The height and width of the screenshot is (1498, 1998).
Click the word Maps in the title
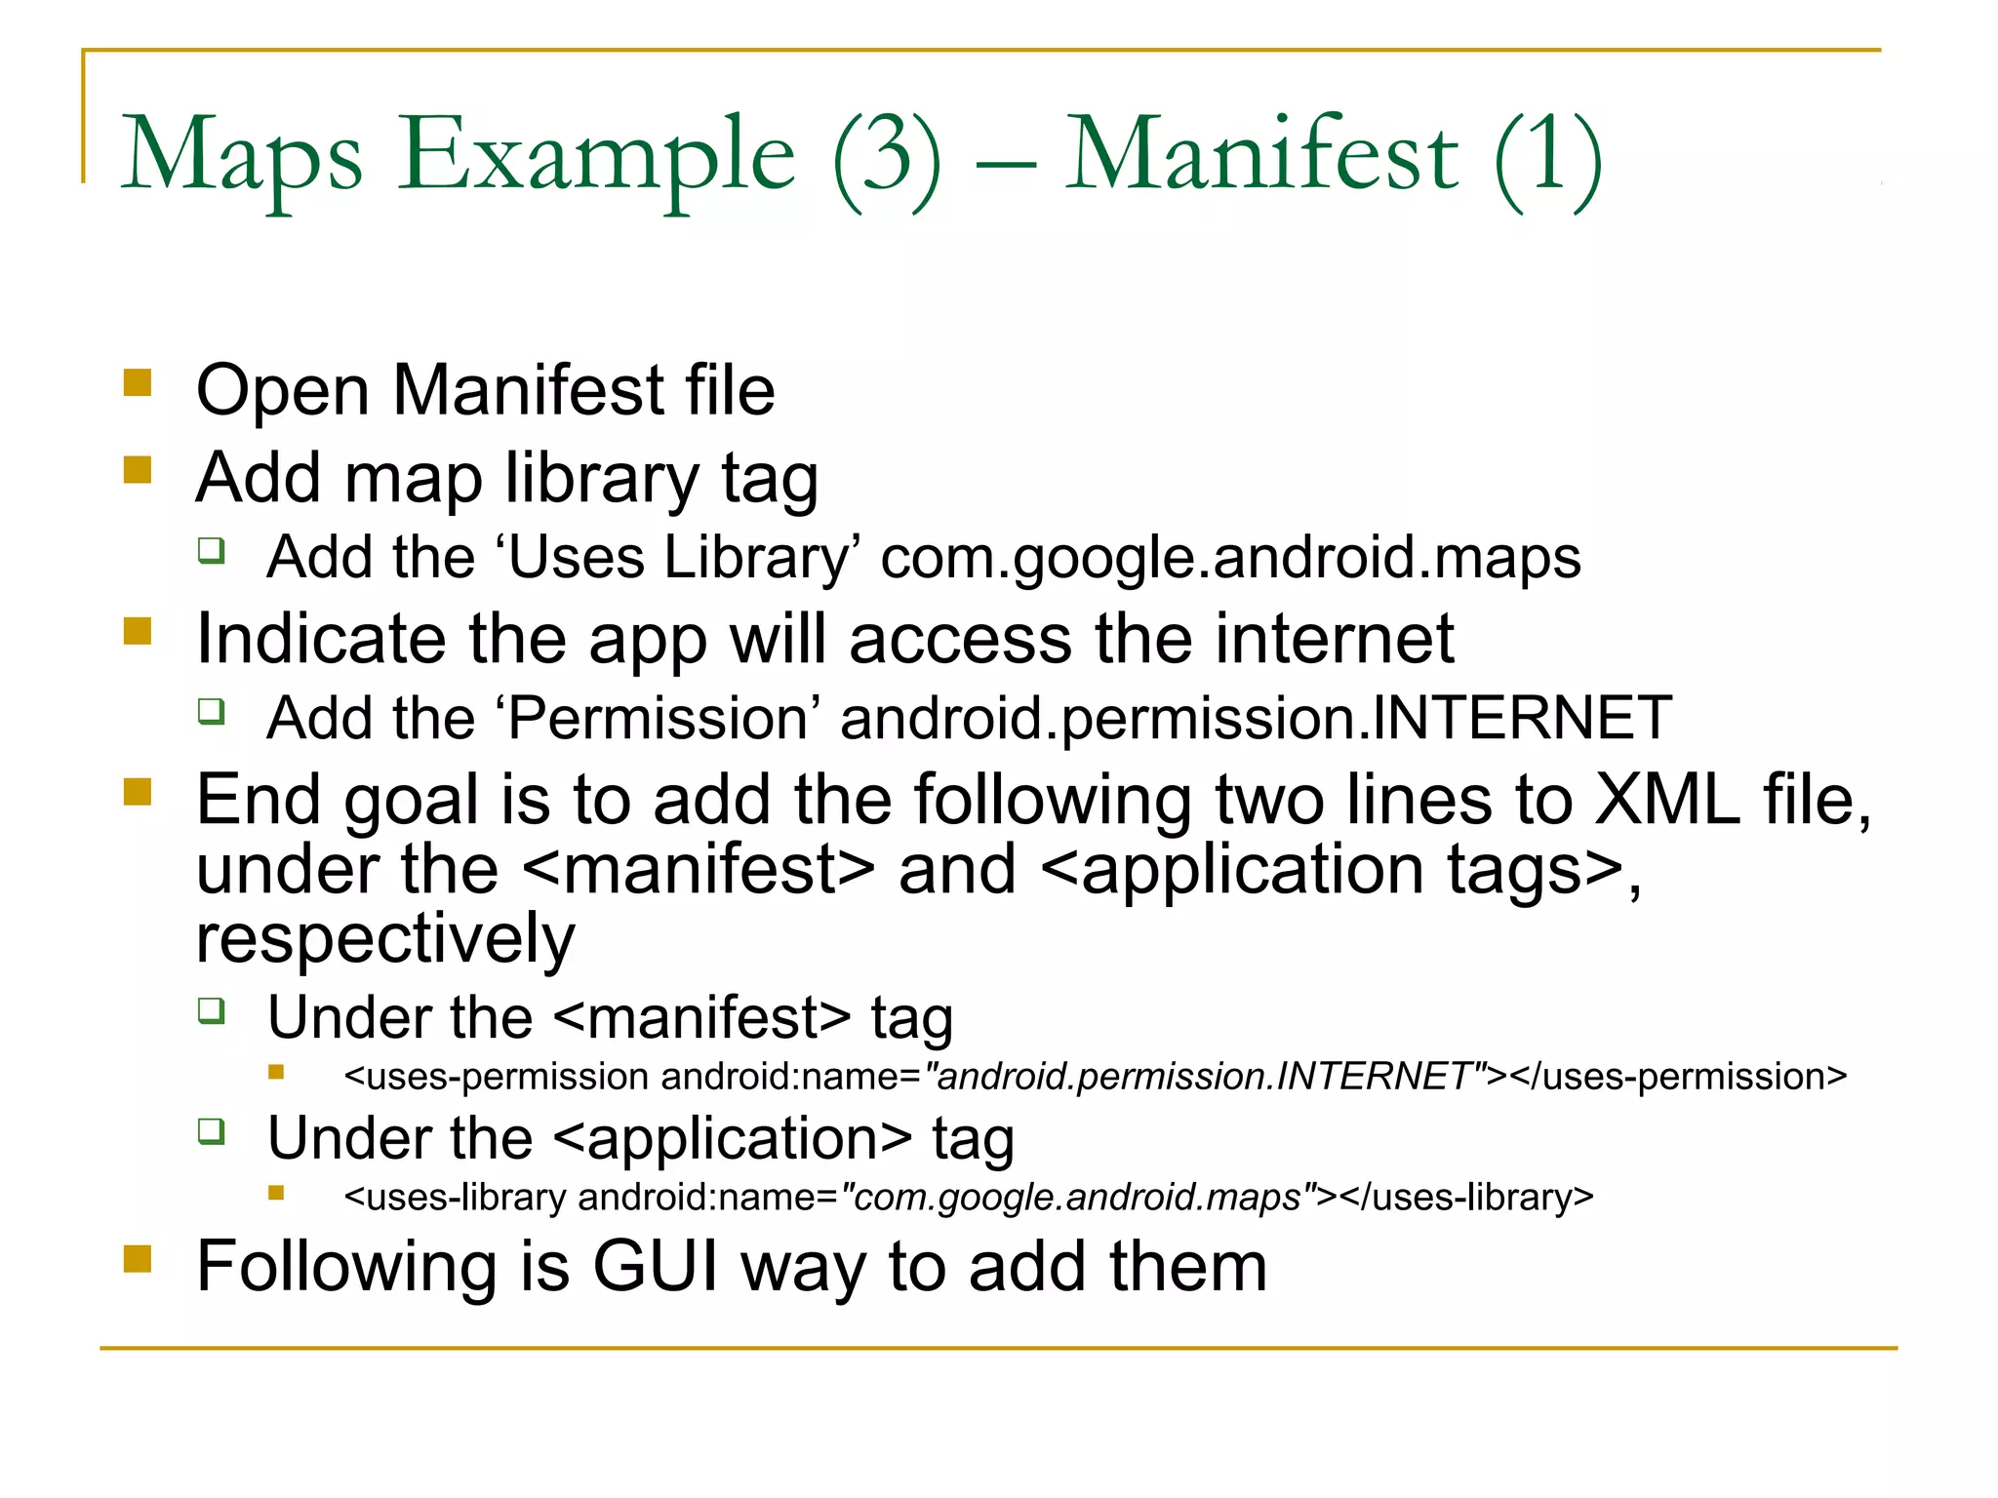(x=242, y=156)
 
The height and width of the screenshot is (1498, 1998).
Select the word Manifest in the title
(x=1261, y=156)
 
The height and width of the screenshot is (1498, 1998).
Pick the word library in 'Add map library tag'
(x=601, y=479)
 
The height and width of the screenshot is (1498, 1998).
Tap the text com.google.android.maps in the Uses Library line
(x=1230, y=558)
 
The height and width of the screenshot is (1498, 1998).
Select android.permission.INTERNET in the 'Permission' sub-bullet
(x=1256, y=719)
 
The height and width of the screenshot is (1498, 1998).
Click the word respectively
(x=385, y=938)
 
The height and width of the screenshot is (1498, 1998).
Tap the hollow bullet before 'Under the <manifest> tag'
(x=212, y=1010)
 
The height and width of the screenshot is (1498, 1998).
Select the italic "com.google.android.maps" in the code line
(x=1077, y=1197)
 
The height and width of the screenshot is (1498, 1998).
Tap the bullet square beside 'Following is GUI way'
(x=138, y=1259)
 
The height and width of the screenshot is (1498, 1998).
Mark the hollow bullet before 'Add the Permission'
(x=212, y=711)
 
